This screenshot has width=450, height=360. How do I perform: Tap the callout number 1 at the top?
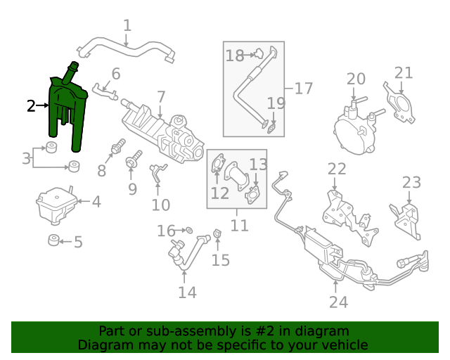(127, 27)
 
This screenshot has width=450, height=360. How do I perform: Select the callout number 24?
(338, 302)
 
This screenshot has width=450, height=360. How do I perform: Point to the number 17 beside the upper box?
(303, 89)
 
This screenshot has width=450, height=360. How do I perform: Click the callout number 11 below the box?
(240, 226)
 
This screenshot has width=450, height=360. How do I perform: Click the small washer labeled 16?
(189, 230)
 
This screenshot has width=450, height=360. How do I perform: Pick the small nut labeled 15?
(217, 233)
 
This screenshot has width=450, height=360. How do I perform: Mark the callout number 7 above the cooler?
(161, 96)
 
